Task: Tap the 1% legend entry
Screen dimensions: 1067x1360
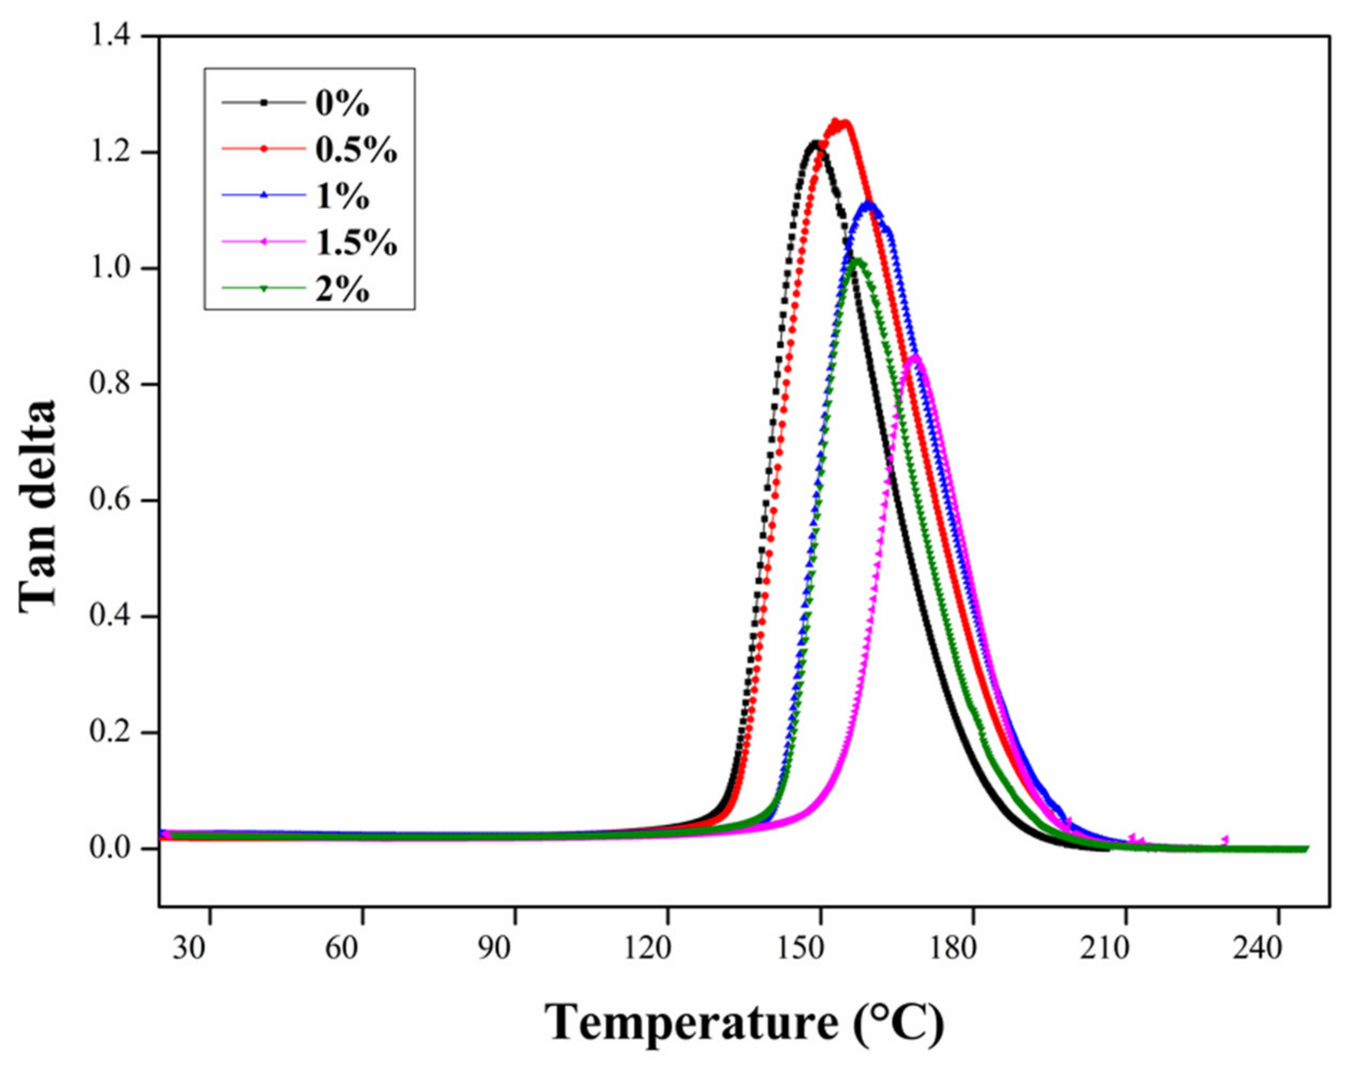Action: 342,197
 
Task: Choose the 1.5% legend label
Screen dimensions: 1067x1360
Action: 355,243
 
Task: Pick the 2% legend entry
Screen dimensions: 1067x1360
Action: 342,289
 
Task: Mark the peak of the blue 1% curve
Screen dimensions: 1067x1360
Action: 868,204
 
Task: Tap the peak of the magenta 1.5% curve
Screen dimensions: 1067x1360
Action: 915,357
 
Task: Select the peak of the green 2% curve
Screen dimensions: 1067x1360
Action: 857,260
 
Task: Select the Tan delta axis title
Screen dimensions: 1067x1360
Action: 37,506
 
